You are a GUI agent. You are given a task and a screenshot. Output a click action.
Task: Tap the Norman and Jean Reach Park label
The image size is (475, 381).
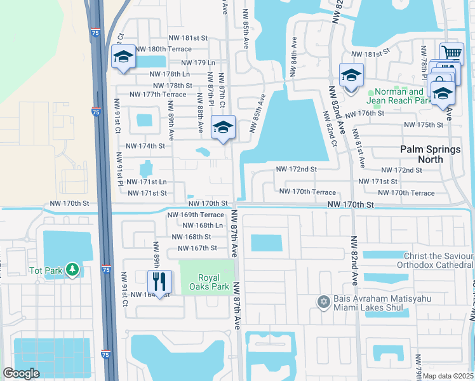399,96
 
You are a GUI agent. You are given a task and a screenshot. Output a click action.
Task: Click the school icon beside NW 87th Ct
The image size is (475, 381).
223,126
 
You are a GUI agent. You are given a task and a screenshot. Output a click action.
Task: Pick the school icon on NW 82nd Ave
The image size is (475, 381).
351,75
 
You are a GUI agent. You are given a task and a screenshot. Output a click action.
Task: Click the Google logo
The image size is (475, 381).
22,373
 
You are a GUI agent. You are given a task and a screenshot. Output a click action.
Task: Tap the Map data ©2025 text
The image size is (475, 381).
447,376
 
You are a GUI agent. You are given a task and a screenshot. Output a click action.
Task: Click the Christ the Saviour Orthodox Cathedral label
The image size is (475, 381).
435,260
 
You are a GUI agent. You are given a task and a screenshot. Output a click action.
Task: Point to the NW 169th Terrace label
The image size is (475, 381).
195,215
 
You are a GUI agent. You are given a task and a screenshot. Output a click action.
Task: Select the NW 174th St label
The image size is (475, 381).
145,146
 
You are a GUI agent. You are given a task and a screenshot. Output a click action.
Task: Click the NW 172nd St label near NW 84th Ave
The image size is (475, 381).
296,170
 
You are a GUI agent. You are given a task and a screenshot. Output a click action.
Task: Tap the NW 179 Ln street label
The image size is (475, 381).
198,63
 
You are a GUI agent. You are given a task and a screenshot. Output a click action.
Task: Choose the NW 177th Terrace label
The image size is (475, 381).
157,95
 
